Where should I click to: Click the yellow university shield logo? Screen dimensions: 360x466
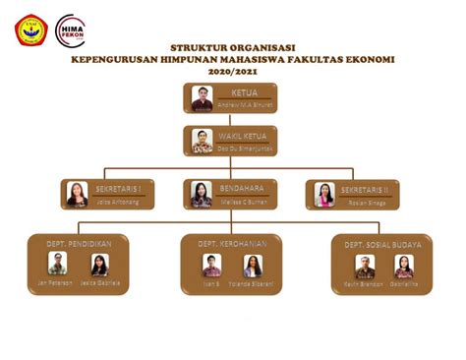click(29, 28)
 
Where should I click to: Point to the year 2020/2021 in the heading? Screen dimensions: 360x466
click(233, 70)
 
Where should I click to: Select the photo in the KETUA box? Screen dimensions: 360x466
click(203, 98)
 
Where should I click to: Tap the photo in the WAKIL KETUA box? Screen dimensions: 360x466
click(203, 140)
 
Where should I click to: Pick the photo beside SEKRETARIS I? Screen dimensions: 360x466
click(78, 194)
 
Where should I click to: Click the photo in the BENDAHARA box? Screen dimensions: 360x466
click(202, 194)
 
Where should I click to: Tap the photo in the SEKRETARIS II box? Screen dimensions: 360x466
click(324, 194)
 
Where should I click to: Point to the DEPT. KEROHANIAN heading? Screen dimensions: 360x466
click(232, 241)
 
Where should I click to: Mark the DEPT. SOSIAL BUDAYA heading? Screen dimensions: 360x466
click(382, 242)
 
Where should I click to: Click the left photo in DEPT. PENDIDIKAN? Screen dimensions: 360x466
click(58, 265)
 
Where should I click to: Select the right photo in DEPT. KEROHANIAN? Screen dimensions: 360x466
click(252, 266)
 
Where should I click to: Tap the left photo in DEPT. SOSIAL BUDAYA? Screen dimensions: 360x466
click(365, 267)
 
